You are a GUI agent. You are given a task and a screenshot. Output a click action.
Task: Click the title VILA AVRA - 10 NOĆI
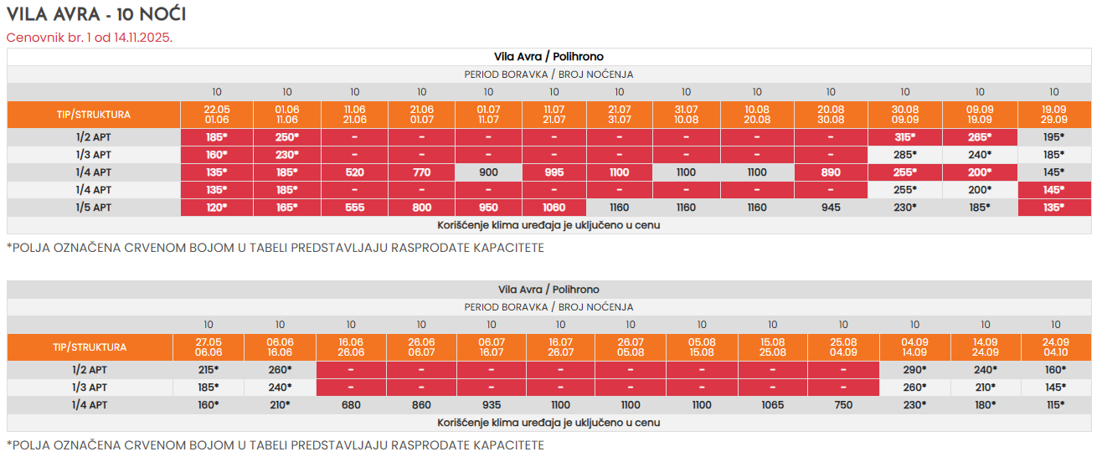coord(96,14)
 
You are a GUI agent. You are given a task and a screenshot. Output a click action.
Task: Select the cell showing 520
coord(354,172)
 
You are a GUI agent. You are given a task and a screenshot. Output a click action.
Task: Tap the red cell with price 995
coord(554,172)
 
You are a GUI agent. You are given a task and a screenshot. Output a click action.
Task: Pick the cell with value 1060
coord(554,208)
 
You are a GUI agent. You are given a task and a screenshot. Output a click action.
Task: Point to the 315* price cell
coord(904,136)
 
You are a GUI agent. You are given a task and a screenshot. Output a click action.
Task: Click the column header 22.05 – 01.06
coord(216,115)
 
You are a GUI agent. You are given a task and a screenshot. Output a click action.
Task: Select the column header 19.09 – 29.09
coord(1053,115)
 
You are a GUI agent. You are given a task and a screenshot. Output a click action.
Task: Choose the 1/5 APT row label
coord(94,208)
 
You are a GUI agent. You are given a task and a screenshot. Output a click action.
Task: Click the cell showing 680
coord(352,405)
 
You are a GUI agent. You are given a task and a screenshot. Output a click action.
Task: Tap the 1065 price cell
coord(772,405)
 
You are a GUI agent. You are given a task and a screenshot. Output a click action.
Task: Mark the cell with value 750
coord(843,405)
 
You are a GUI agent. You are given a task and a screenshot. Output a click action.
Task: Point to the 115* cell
coord(1055,405)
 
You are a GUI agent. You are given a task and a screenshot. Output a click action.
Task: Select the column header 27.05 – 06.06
coord(208,347)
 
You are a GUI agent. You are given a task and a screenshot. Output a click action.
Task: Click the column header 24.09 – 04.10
coord(1055,347)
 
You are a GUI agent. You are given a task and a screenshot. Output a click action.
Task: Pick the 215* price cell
coord(208,369)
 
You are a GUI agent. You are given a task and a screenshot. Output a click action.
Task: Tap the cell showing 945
coord(831,208)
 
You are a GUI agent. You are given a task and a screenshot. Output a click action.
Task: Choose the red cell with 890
coord(831,172)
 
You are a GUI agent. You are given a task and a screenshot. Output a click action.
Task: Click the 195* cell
coord(1053,136)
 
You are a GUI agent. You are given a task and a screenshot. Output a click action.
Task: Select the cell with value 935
coord(492,405)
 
